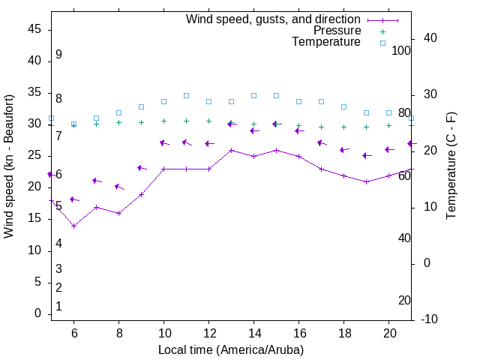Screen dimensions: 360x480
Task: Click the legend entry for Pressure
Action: [337, 31]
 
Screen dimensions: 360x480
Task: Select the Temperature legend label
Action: [326, 42]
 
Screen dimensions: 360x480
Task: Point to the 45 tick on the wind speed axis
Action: [34, 30]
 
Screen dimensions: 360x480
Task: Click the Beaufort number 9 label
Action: [58, 55]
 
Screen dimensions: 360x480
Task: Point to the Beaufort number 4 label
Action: [58, 243]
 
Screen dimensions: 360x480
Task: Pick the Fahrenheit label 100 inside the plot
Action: [401, 50]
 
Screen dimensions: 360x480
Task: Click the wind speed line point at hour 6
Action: [73, 226]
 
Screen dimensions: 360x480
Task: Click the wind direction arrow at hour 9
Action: [141, 168]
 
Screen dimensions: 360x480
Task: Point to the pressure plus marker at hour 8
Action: [118, 122]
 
